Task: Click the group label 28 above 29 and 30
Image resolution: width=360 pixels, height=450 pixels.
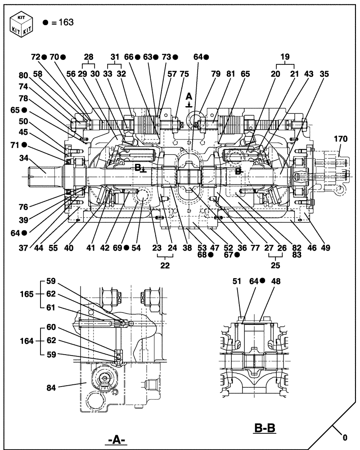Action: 89,57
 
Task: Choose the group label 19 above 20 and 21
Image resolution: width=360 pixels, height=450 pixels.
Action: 285,57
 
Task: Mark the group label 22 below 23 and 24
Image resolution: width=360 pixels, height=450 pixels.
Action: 165,265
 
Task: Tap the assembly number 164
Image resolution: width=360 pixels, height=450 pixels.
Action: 27,341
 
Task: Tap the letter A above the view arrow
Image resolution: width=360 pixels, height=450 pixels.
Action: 189,96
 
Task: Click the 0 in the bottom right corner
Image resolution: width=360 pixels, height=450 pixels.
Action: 345,436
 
